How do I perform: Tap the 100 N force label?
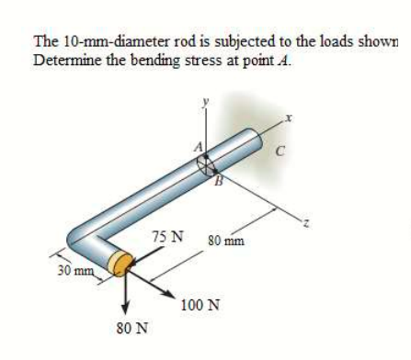pos(200,305)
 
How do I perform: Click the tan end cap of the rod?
pos(118,265)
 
